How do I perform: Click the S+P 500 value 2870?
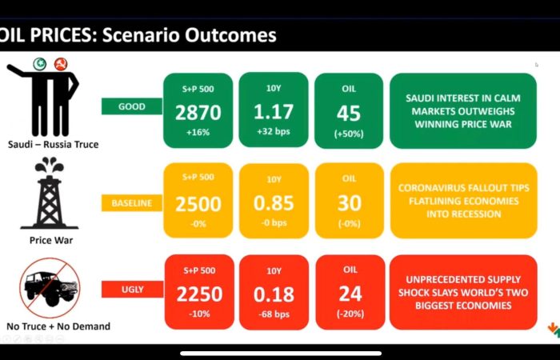tap(198, 113)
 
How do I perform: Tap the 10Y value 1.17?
tap(274, 112)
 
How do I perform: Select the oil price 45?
tap(349, 114)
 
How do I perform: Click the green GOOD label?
tap(132, 106)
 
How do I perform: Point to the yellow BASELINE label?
tap(132, 203)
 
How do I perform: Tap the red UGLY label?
tap(133, 290)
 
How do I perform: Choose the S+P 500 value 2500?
tap(198, 204)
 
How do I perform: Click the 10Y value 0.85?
tap(274, 203)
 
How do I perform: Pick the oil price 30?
tap(350, 203)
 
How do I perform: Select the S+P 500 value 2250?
tap(199, 294)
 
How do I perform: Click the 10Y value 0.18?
tap(274, 294)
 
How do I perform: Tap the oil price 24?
tap(350, 294)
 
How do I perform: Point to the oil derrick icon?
tap(50, 193)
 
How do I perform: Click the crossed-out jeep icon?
tap(50, 287)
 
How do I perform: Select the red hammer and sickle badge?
tap(61, 64)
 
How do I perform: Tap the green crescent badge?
tap(40, 64)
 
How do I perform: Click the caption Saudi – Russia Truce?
tap(54, 144)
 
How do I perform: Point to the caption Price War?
tap(51, 240)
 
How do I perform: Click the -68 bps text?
tap(274, 314)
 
